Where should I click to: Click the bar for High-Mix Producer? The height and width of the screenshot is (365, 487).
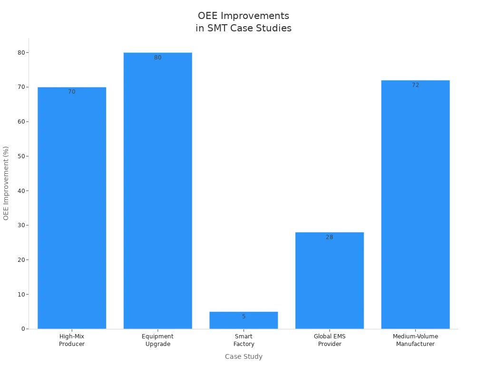point(72,209)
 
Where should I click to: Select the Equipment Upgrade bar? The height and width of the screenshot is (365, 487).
point(157,190)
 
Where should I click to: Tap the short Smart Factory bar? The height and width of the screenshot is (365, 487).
point(243,322)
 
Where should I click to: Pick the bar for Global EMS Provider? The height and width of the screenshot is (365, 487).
point(330,280)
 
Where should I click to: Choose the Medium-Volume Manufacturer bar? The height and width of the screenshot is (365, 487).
point(415,204)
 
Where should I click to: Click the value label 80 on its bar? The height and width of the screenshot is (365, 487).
point(157,58)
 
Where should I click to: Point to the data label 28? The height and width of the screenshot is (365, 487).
point(330,237)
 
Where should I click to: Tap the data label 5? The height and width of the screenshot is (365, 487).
point(243,317)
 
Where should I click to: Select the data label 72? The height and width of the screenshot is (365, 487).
point(415,85)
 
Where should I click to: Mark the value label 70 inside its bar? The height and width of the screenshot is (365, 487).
point(72,92)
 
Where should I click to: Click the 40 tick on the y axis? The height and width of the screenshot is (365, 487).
point(21,191)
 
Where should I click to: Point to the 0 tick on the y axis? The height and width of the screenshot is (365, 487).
point(23,329)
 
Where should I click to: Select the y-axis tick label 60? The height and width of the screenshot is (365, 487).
point(21,122)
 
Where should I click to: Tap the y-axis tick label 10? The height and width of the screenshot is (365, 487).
point(21,294)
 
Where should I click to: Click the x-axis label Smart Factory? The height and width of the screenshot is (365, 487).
point(243,340)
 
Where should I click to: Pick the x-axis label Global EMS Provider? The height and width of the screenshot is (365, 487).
point(330,340)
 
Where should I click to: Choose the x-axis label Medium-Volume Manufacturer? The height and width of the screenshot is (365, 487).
point(415,340)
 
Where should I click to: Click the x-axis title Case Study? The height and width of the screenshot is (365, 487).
point(243,356)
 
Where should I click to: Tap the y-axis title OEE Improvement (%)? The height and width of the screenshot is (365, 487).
point(6,183)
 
